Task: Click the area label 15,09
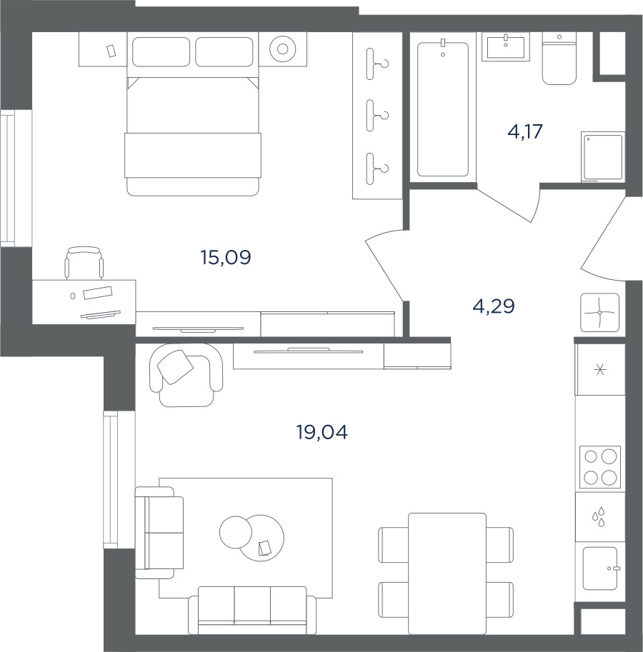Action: [x=226, y=258]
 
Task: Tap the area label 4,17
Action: [x=525, y=132]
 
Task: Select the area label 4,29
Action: [x=494, y=306]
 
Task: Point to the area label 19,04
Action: [x=322, y=433]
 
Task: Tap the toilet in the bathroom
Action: [x=559, y=59]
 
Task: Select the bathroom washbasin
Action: [x=506, y=47]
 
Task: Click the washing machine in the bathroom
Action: [x=603, y=157]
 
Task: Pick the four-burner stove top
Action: [x=600, y=467]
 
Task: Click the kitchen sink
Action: [x=600, y=568]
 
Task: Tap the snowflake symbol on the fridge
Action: [x=599, y=369]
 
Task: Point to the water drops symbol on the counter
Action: [x=599, y=517]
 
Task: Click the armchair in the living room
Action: [x=186, y=375]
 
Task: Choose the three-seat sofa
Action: [x=252, y=611]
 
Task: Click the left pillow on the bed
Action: [x=161, y=51]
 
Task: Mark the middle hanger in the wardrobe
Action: [x=377, y=116]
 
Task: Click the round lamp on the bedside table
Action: [x=282, y=49]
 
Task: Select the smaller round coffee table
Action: [x=236, y=532]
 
